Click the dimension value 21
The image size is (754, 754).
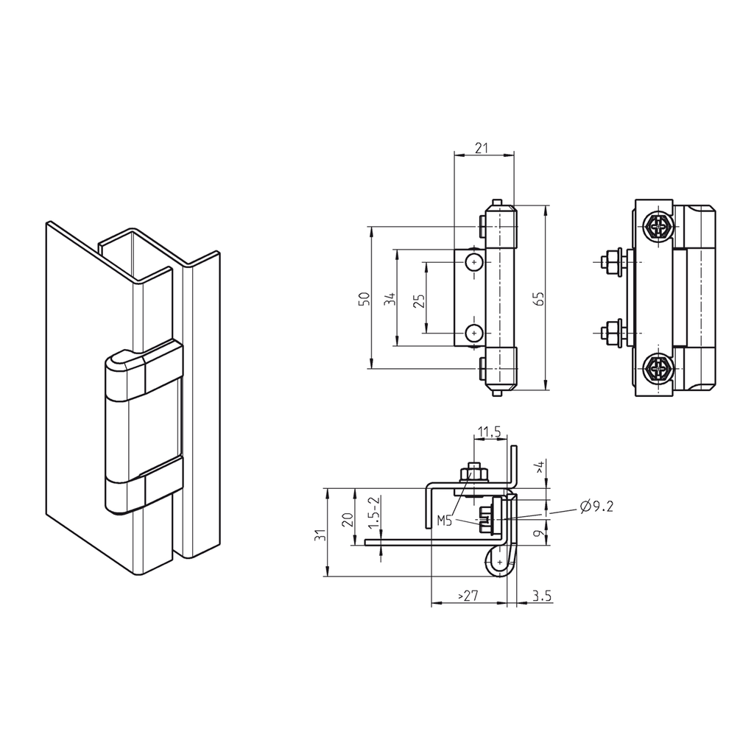click(x=482, y=148)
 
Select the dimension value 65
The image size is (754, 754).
click(x=538, y=298)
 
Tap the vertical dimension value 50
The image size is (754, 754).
click(x=362, y=298)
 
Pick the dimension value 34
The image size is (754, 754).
click(x=390, y=298)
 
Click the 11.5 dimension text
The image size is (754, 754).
click(x=490, y=431)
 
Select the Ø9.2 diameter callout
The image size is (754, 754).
click(x=596, y=506)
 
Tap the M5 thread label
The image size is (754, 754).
click(x=444, y=521)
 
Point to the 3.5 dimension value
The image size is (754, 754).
click(x=541, y=596)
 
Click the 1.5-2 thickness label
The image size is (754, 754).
click(x=375, y=512)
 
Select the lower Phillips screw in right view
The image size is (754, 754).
click(x=657, y=367)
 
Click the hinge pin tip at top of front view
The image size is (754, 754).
click(x=498, y=200)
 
